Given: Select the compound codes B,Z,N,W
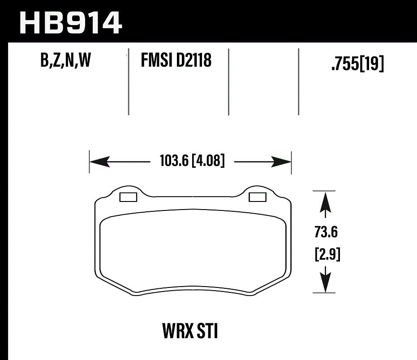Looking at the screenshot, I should [66, 60].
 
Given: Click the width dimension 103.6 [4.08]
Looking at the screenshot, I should [192, 161].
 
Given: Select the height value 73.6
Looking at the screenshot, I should [326, 233].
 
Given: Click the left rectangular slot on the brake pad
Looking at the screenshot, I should [129, 197].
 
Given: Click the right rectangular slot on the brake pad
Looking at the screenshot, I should [257, 197].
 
